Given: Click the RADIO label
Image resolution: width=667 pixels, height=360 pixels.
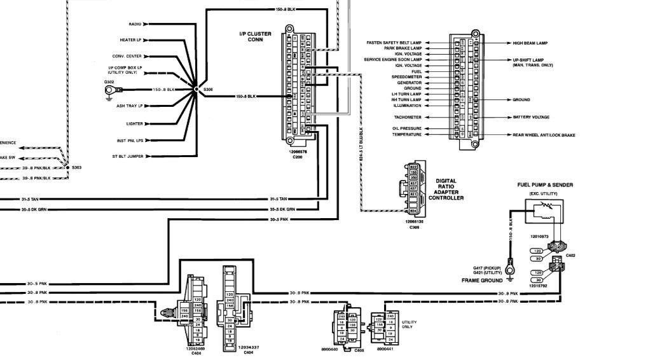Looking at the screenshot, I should coord(135,24).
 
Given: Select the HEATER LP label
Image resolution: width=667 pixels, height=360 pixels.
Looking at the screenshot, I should coord(130,39).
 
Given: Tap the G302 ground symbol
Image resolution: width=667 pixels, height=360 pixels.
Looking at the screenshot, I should coord(109,90).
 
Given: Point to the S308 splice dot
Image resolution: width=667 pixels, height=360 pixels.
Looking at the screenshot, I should coord(196,90).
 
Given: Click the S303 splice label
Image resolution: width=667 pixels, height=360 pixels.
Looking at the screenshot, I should coord(77,167).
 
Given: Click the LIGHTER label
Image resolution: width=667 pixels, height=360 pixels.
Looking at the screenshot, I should coord(134,124).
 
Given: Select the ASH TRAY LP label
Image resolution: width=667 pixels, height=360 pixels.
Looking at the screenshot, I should coord(129,106).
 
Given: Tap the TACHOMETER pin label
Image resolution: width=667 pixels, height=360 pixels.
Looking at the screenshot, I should coord(407,118).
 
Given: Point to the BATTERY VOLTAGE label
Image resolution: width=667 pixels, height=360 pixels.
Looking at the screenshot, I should coord(531,118).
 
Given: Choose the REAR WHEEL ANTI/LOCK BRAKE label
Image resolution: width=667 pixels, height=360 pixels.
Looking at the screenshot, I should coord(544,135).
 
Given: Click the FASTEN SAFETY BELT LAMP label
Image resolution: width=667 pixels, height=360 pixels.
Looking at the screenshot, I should coord(394,43).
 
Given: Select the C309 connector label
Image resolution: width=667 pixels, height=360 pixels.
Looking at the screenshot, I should coord(414,226).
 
